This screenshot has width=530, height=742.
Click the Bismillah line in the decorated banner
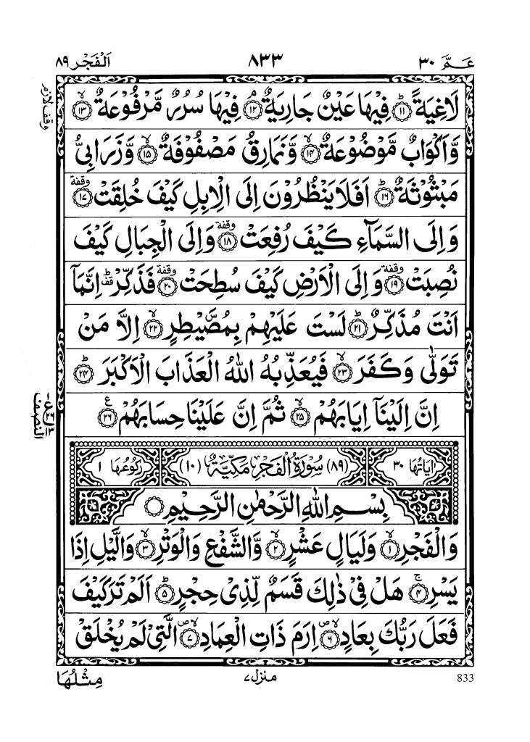click(265, 502)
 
